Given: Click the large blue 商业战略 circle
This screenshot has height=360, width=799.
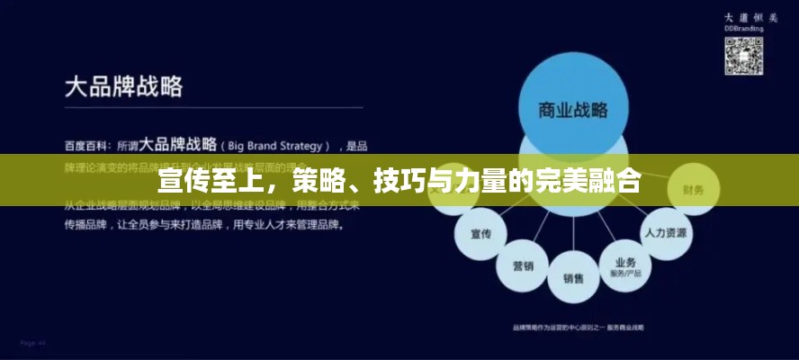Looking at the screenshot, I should click(573, 106).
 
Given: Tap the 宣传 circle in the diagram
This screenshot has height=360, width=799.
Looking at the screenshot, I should click(480, 234).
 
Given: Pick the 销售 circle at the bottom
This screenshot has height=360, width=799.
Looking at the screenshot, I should click(573, 277).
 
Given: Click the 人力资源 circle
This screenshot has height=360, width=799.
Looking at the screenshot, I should click(665, 230).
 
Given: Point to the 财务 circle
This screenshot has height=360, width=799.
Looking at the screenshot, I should click(693, 190).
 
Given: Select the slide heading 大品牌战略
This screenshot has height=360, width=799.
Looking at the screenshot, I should click(124, 86).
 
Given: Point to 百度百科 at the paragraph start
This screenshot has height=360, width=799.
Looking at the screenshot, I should click(83, 145).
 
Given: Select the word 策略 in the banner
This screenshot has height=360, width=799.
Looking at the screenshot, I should click(319, 181).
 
